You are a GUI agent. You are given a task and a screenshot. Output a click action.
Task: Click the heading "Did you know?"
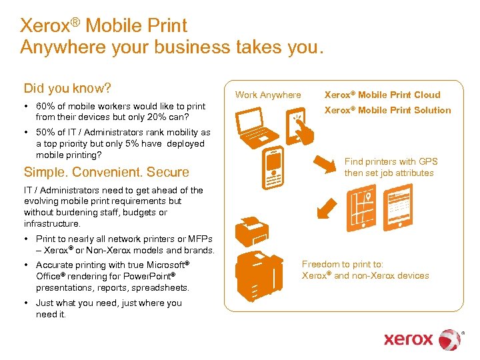(67, 89)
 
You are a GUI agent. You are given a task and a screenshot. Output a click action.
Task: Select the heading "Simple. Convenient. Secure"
(107, 172)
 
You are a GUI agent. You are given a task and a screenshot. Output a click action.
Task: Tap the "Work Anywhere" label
(268, 95)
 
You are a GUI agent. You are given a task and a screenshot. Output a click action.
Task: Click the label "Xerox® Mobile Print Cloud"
(382, 95)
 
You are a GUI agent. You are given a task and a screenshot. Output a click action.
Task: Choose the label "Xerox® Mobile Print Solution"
(387, 110)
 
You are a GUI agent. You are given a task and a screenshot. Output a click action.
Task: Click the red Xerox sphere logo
(449, 339)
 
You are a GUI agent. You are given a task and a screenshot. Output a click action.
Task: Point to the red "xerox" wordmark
(409, 339)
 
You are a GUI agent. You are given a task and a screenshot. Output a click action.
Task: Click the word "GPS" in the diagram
(427, 161)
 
